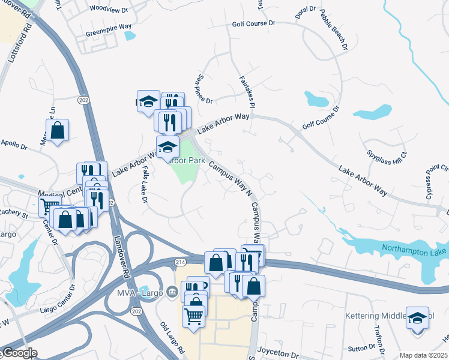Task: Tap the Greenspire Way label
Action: click(109, 27)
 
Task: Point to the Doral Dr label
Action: click(306, 10)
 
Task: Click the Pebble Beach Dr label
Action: click(334, 28)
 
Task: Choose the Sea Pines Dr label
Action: click(203, 88)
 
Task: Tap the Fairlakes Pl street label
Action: click(247, 91)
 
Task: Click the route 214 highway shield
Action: click(181, 262)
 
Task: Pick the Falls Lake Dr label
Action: click(145, 185)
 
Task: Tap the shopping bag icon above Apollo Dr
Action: click(57, 130)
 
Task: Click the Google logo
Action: click(19, 353)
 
